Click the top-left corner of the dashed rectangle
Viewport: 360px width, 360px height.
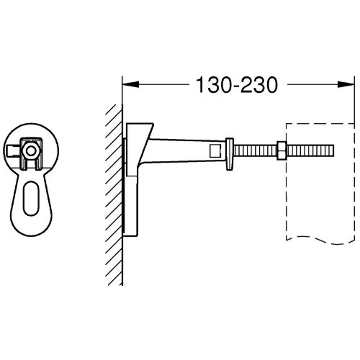tap(287, 125)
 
